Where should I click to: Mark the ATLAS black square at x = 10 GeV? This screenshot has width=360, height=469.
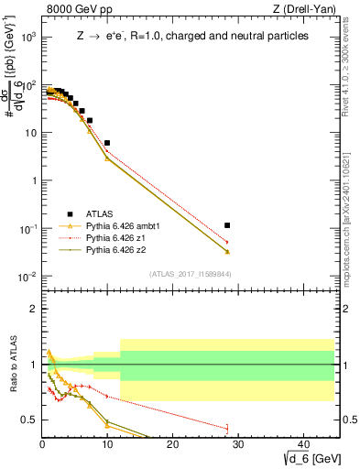coord(107,143)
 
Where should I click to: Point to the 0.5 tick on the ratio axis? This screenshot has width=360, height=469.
coord(30,420)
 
